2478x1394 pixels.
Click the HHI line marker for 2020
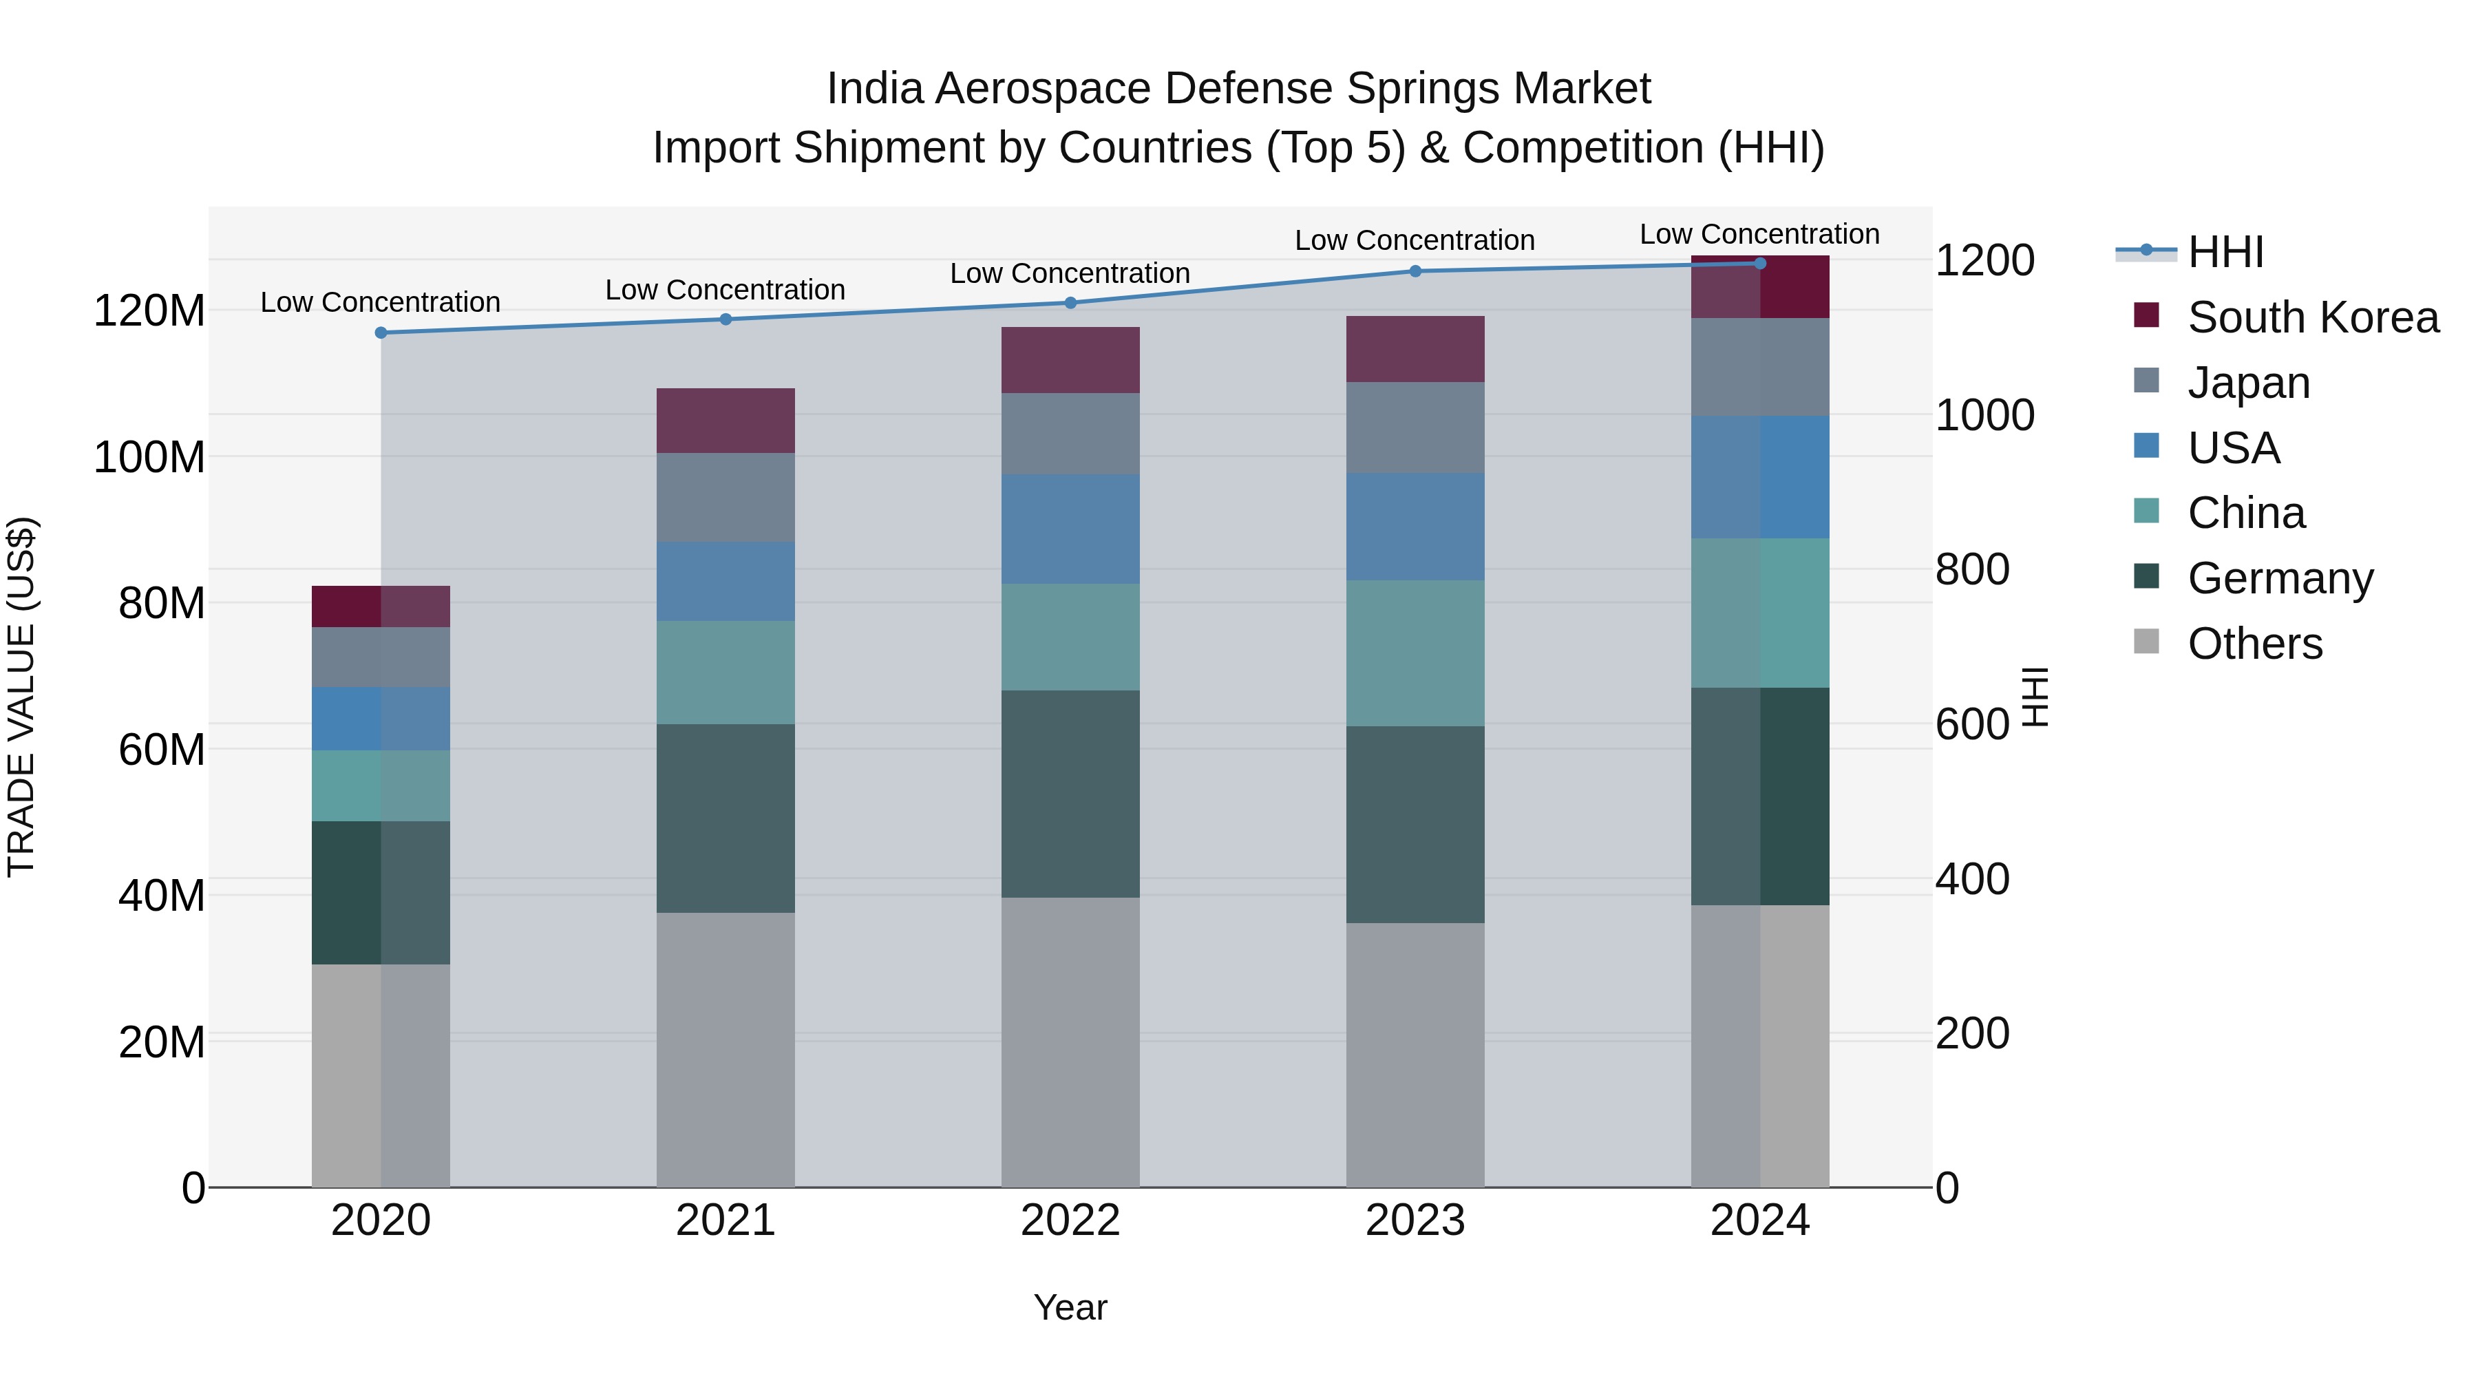[x=381, y=333]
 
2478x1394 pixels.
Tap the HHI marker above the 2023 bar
[x=1415, y=271]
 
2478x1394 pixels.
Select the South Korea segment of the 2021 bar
[x=726, y=421]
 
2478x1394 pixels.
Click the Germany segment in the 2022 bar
[x=1070, y=794]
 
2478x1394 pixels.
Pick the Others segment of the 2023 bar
[x=1415, y=1055]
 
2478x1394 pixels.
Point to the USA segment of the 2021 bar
[x=726, y=581]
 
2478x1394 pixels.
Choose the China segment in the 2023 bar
[x=1415, y=653]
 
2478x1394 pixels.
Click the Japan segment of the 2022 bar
[x=1070, y=433]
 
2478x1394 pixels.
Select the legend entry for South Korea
[x=2313, y=317]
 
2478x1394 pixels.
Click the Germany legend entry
[x=2280, y=578]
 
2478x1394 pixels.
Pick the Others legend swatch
[x=2146, y=642]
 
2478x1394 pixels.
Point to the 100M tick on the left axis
[x=149, y=457]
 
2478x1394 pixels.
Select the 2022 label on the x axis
[x=1070, y=1221]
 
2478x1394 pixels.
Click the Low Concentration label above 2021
[x=726, y=290]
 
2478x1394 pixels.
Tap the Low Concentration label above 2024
[x=1759, y=234]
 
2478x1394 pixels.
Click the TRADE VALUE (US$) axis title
[x=21, y=697]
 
